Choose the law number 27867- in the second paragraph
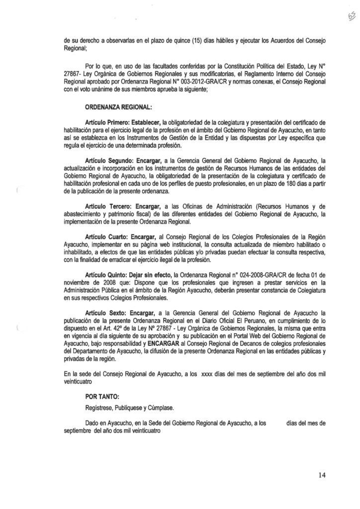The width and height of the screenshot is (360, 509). point(74,72)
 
